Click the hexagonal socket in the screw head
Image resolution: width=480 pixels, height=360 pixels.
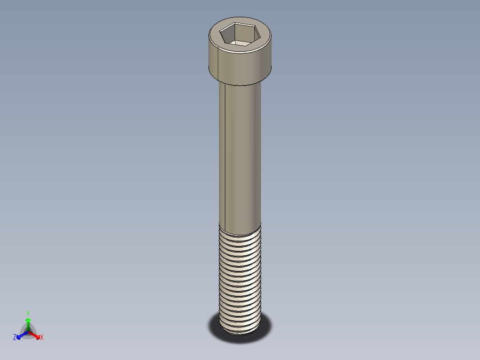pyautogui.click(x=240, y=34)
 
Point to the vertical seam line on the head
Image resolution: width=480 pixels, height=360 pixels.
pyautogui.click(x=217, y=62)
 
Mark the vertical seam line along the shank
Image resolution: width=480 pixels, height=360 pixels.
pyautogui.click(x=225, y=151)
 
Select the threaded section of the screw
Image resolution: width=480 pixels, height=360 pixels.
pyautogui.click(x=240, y=276)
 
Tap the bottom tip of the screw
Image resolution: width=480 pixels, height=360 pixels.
pyautogui.click(x=240, y=331)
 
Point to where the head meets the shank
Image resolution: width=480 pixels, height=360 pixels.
pyautogui.click(x=240, y=84)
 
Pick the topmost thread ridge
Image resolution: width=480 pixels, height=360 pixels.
pyautogui.click(x=240, y=230)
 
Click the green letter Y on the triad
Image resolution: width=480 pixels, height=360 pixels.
pyautogui.click(x=28, y=313)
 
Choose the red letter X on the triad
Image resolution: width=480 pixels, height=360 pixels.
pyautogui.click(x=42, y=338)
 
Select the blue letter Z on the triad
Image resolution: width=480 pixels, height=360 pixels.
pyautogui.click(x=15, y=338)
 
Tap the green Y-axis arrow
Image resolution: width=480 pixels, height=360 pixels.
pyautogui.click(x=28, y=322)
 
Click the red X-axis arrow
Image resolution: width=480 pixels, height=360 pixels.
pyautogui.click(x=37, y=335)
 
